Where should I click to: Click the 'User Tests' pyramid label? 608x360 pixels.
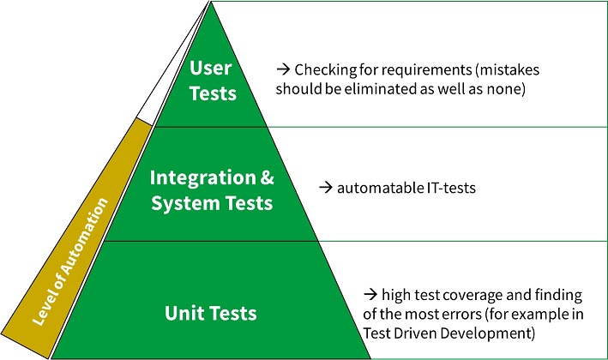213,80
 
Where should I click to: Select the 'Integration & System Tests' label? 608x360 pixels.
212,190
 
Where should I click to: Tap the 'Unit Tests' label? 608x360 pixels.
210,312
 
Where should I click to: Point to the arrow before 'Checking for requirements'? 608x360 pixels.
282,69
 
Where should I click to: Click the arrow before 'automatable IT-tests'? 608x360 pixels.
324,186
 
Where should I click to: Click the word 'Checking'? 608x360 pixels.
321,69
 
